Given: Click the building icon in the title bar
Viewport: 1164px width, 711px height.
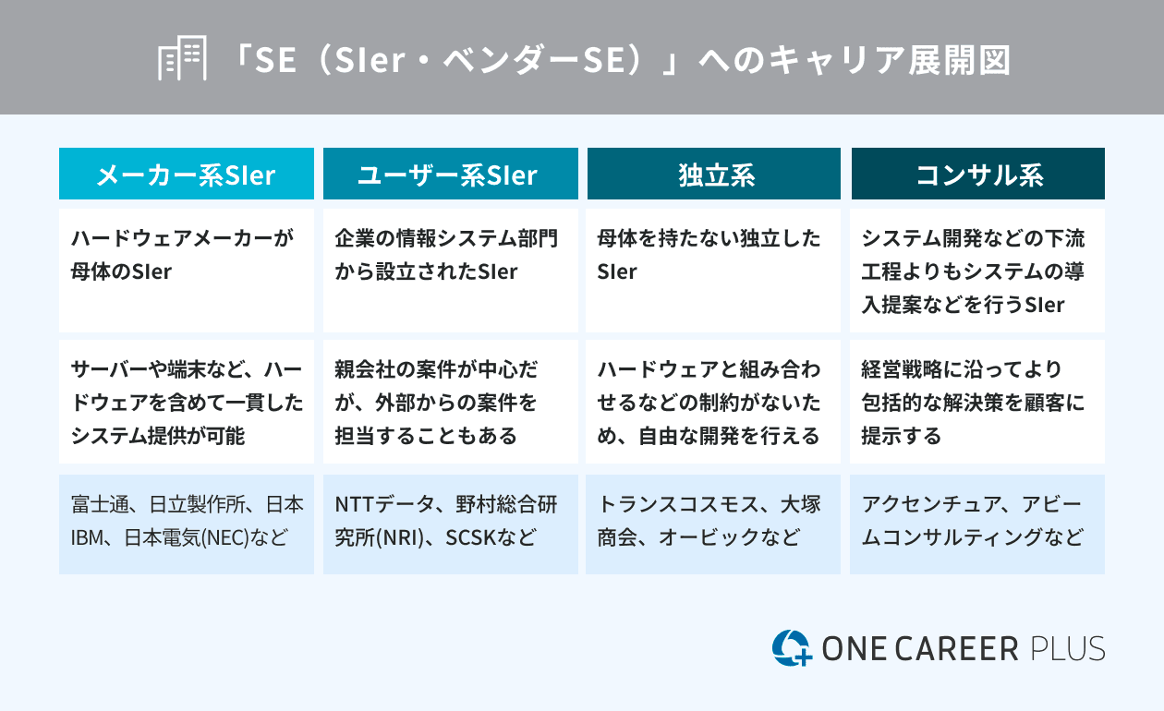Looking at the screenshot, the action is point(182,57).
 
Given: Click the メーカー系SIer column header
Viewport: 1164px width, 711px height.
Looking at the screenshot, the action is point(186,174).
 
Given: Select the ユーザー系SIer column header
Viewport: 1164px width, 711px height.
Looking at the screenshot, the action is point(451,174).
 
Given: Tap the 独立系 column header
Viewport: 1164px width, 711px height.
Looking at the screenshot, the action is point(714,174).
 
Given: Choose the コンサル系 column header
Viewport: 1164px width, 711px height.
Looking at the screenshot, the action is point(978,174).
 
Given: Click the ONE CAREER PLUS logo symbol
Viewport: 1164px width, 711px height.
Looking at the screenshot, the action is point(792,647).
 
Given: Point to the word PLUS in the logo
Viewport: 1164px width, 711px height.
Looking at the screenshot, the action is point(1067,649).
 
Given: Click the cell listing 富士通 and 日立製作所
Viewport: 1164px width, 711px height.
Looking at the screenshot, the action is point(186,524).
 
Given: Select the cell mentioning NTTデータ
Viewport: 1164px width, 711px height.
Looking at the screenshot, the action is point(451,524).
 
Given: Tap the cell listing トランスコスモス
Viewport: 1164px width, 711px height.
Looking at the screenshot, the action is point(713,524).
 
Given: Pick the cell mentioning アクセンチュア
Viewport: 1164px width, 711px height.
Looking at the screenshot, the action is point(977,524).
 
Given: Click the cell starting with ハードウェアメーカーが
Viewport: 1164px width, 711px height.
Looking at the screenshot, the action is point(186,271).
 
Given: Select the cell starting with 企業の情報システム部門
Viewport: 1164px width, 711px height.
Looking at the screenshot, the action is point(451,271).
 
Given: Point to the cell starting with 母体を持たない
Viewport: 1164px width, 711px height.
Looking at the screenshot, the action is point(713,271).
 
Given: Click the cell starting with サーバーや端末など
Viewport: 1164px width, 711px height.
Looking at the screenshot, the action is point(186,402).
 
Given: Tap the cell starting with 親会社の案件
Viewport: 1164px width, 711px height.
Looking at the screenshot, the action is point(451,402).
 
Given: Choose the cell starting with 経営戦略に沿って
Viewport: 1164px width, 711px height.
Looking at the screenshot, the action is point(977,402).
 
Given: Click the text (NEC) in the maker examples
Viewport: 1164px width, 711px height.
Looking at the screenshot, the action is point(225,538).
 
